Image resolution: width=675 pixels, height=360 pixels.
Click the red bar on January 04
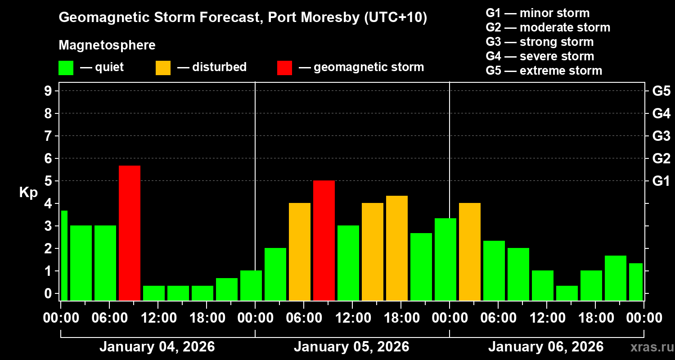pos(130,233)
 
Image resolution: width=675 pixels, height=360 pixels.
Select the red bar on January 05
pos(324,240)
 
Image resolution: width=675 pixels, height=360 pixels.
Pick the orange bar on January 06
pos(470,252)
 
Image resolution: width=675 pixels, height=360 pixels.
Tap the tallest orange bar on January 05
pos(397,248)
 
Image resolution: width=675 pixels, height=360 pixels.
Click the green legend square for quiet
pos(66,68)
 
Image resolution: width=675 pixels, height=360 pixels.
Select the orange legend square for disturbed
pos(163,68)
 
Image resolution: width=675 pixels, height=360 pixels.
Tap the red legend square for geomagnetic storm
pos(284,68)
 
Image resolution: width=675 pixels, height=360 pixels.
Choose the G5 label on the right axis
pos(661,91)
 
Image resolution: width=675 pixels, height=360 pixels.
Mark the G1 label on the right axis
pos(661,181)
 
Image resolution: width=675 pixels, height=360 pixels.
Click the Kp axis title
pos(28,193)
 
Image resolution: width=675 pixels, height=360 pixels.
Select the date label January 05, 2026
pos(351,347)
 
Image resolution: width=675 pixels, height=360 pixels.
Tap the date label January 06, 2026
pos(546,347)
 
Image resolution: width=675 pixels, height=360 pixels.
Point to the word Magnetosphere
pos(107,45)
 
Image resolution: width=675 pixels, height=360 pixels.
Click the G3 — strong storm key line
pos(540,42)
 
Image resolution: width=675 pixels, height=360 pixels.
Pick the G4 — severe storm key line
pos(540,56)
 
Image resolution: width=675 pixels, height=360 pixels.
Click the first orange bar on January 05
pos(300,252)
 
